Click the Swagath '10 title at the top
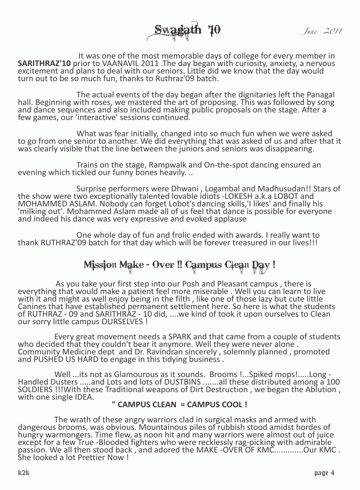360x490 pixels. [x=187, y=31]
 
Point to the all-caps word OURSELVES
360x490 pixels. [x=122, y=321]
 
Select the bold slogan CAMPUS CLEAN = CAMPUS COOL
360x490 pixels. [x=179, y=405]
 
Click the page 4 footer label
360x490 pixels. [x=324, y=473]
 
